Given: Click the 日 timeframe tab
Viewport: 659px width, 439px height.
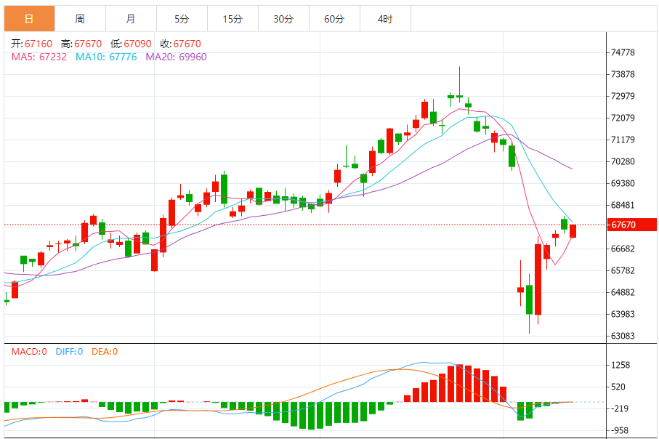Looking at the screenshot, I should pos(29,19).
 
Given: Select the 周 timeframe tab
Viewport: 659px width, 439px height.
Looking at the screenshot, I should pos(80,19).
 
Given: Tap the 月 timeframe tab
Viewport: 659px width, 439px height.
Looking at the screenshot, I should pos(131,19).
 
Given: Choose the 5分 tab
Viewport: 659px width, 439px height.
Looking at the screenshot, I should pos(182,19).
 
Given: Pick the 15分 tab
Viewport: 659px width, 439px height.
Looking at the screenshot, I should pos(233,19).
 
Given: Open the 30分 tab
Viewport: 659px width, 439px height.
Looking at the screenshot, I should pos(283,19).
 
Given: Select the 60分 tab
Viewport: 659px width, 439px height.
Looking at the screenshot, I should pos(334,19).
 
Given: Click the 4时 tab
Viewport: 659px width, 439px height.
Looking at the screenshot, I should pos(385,19).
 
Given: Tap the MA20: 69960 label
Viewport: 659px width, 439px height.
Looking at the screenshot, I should pos(176,57).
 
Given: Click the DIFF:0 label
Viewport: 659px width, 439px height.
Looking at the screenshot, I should pos(68,352).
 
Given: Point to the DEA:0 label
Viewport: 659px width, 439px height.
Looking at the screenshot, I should pos(105,352).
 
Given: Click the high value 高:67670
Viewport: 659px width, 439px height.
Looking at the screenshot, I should pos(81,44).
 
